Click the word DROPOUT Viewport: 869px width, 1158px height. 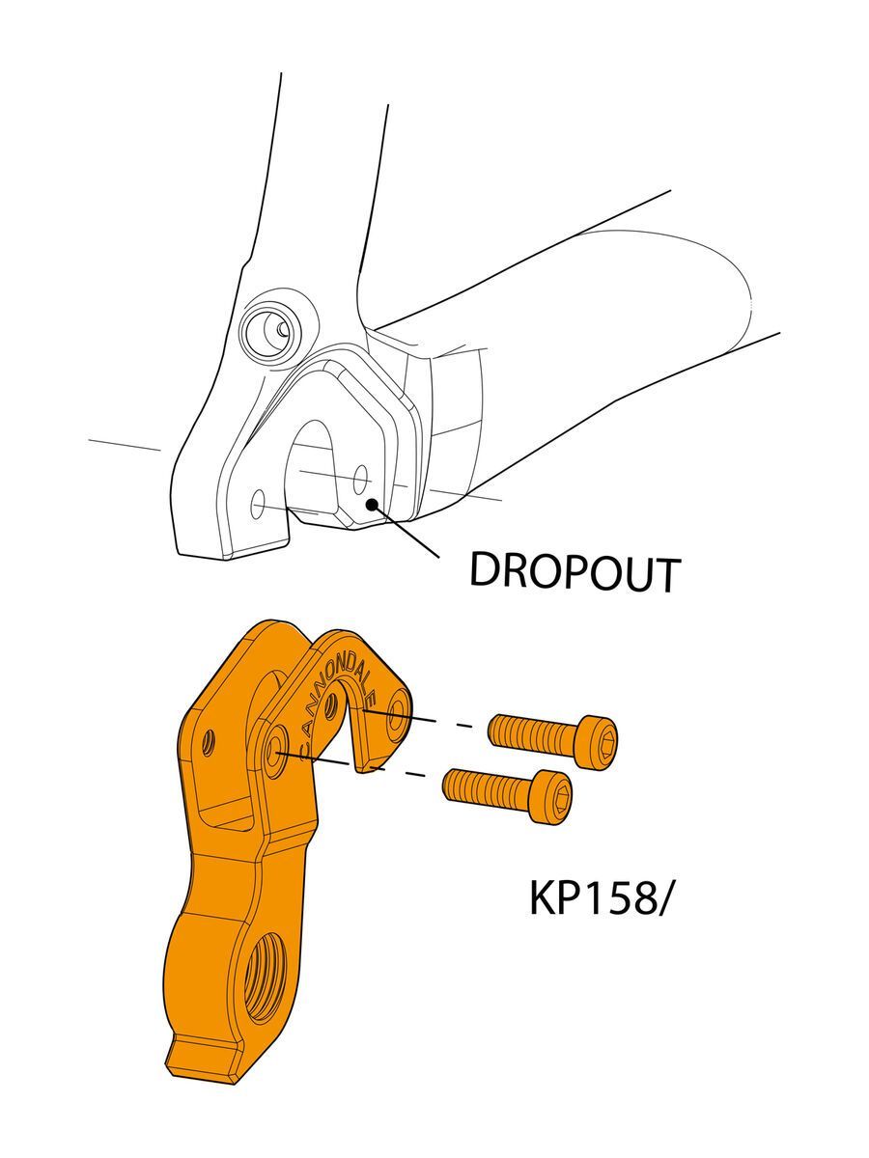[575, 573]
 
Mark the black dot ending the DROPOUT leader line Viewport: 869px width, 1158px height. [369, 503]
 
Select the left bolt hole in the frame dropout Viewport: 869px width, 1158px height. [258, 504]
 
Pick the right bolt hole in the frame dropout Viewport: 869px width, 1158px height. [360, 477]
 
